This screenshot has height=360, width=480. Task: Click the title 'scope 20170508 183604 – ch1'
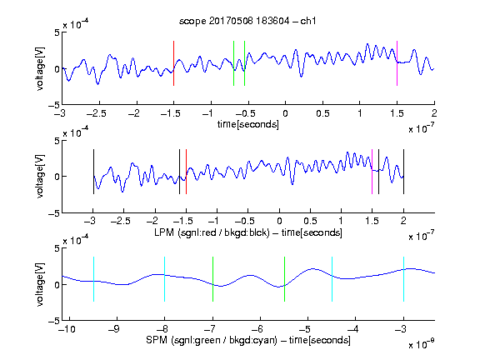247,21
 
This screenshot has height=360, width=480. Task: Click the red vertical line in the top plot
173,63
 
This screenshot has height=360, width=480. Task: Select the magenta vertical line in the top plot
397,63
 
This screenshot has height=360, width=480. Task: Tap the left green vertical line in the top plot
233,63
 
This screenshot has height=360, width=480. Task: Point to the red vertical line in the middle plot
186,172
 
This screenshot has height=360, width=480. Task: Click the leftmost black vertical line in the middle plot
93,172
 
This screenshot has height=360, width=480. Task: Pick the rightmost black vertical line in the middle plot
403,172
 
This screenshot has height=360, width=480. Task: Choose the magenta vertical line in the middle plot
372,172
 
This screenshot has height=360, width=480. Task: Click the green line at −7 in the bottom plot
212,279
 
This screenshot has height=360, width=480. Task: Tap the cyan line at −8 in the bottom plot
165,279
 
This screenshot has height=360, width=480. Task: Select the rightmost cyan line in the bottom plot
404,279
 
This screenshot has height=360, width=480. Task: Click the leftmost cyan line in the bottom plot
93,279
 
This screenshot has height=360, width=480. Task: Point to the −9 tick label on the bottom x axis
114,329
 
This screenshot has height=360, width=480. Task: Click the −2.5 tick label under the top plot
97,113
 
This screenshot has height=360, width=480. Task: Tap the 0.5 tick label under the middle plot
310,221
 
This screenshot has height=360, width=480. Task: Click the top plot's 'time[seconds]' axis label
248,124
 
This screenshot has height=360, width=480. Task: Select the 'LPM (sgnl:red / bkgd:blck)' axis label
212,232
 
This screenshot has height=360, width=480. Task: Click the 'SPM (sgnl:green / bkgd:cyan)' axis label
212,340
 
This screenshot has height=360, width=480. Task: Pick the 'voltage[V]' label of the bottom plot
40,284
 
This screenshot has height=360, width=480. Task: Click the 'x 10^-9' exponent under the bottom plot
422,344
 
